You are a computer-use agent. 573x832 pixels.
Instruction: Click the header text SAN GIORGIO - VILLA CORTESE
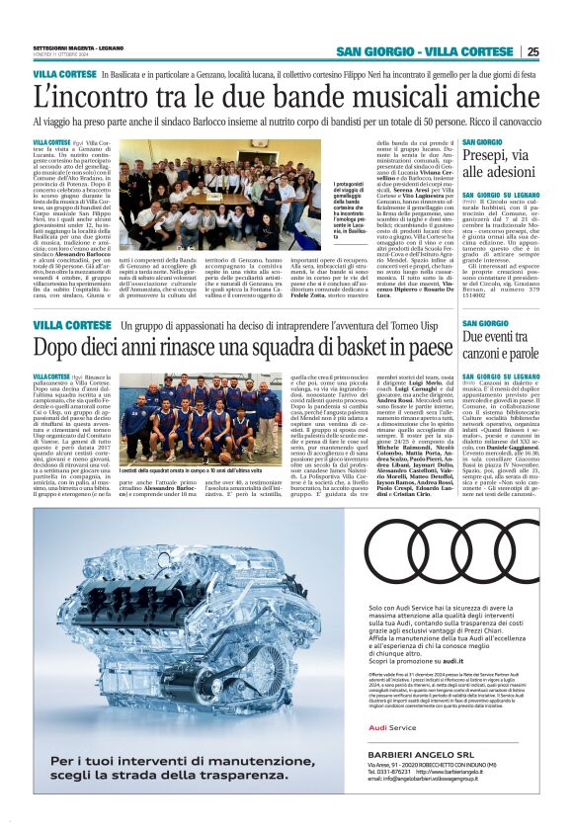tap(425, 52)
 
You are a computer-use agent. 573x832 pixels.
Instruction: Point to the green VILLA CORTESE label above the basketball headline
tap(64, 325)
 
